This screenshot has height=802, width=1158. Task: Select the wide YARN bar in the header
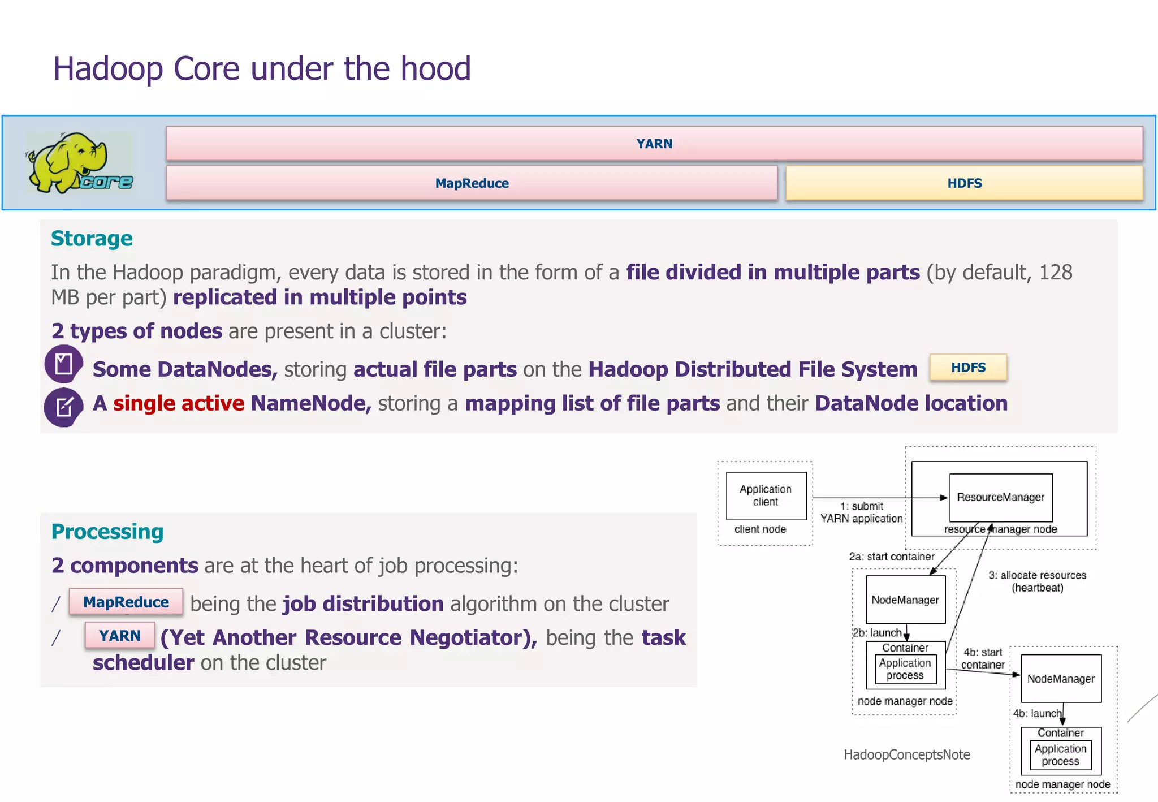[x=654, y=144]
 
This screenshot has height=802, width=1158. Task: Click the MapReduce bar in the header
[x=472, y=183]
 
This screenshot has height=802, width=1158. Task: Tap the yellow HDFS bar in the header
[x=964, y=183]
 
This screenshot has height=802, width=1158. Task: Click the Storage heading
[x=92, y=239]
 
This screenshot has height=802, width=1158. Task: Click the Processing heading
[x=107, y=532]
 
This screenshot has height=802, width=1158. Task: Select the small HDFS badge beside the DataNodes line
[x=968, y=368]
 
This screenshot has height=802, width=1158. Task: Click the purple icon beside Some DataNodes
[x=63, y=364]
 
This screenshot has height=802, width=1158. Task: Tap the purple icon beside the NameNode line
[x=63, y=407]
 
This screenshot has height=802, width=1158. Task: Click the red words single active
[x=178, y=403]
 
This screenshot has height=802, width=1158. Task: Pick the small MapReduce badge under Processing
[x=126, y=602]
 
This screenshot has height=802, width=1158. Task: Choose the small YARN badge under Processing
[x=120, y=636]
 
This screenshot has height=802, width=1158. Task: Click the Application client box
[x=766, y=495]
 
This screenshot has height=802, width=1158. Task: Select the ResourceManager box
[x=1000, y=497]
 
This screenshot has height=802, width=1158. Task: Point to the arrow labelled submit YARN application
[x=879, y=498]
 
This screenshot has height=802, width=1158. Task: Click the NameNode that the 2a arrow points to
[x=905, y=600]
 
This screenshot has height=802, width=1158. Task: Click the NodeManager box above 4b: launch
[x=1061, y=678]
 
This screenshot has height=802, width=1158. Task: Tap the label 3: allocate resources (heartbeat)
[x=1037, y=581]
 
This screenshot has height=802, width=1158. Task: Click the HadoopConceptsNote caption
[x=906, y=754]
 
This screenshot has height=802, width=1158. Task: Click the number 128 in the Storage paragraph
[x=1055, y=273]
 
